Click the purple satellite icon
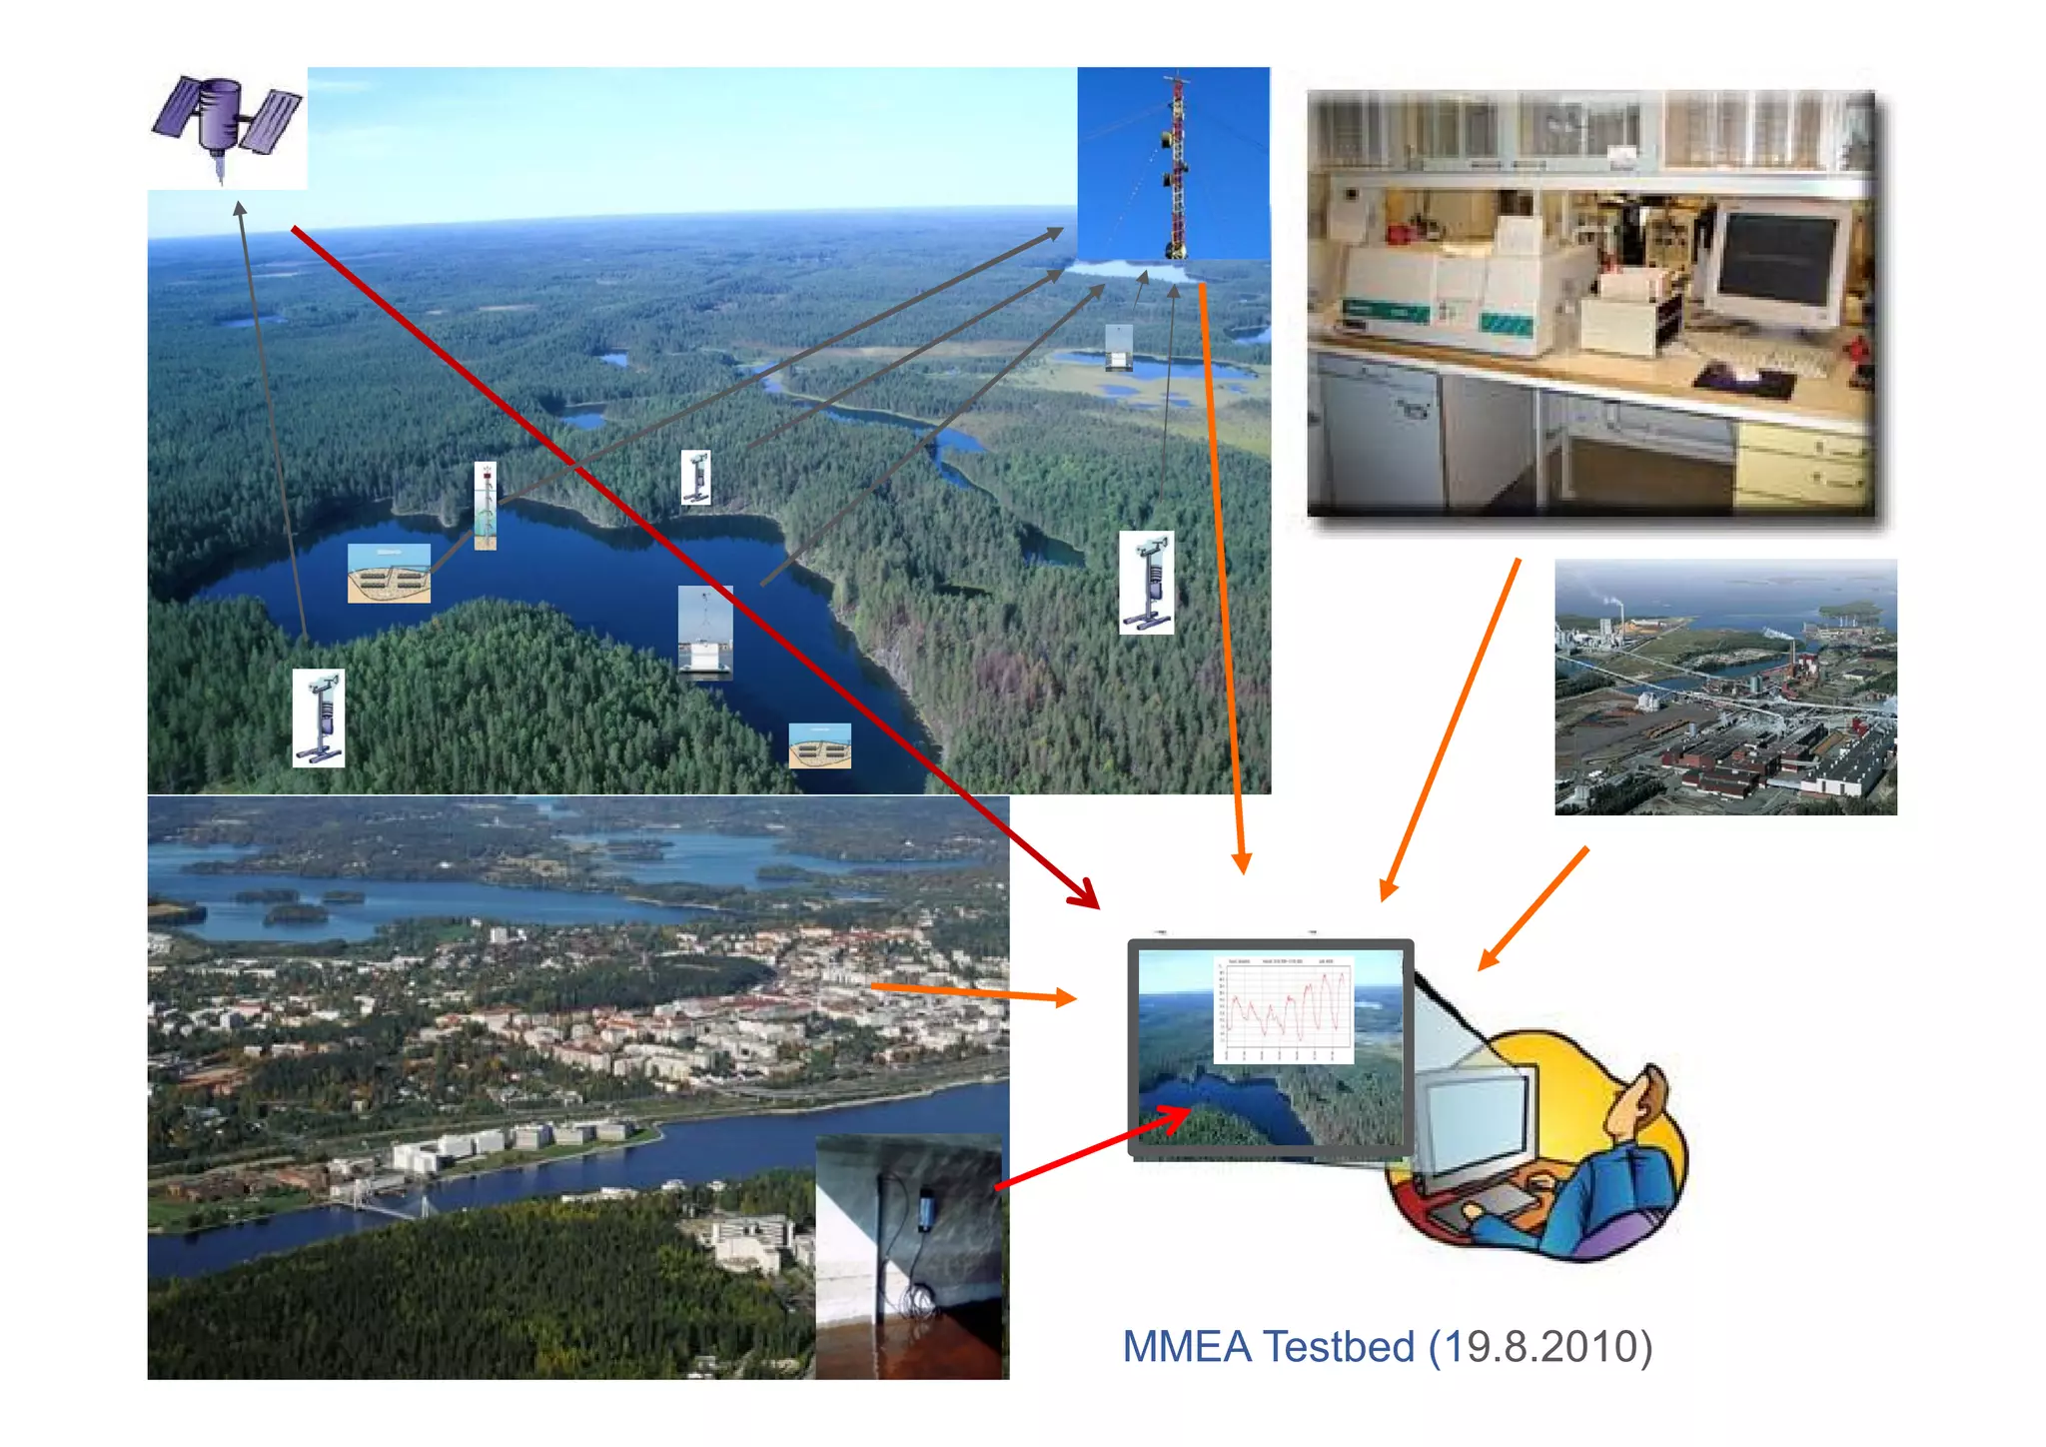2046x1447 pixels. (x=226, y=120)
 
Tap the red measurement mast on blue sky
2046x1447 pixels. (x=1176, y=165)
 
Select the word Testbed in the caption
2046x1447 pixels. (x=1340, y=1347)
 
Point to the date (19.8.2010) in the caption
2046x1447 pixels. (x=1540, y=1347)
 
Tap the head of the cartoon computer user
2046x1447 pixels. (x=1638, y=1104)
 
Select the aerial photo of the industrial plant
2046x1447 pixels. (x=1725, y=688)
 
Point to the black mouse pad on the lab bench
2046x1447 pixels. (x=1744, y=381)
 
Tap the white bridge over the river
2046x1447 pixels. (x=380, y=1209)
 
